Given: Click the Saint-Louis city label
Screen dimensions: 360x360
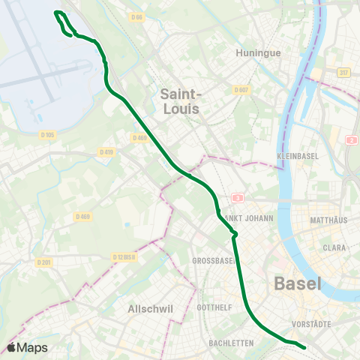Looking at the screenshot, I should point(181,100).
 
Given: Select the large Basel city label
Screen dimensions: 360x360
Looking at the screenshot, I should point(297,284).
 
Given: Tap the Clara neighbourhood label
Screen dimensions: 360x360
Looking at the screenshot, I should point(334,247).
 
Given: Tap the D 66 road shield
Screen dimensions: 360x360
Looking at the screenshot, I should point(136,16).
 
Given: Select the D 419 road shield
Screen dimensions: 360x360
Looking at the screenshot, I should point(106,152).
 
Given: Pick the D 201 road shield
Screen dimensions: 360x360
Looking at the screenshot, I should point(44,262).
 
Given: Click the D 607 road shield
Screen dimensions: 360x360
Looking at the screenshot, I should point(240,90).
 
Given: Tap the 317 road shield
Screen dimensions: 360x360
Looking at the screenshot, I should point(343,73).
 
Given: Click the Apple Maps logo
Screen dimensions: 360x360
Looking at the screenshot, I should point(27,347).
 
